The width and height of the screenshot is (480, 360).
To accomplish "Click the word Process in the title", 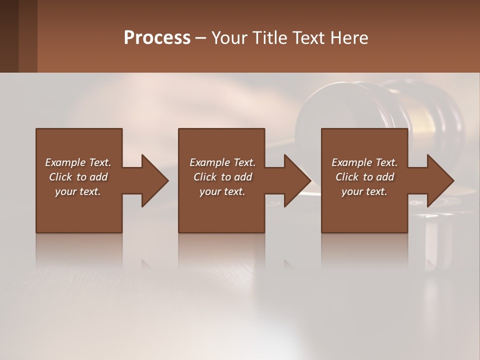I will [157, 38].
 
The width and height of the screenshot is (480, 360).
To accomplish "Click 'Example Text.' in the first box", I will [78, 162].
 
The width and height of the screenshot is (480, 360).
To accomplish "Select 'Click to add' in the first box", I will [78, 177].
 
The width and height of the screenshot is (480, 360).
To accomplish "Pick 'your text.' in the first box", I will [78, 191].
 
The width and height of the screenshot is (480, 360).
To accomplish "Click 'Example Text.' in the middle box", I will [222, 162].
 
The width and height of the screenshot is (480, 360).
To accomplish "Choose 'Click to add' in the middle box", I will [222, 177].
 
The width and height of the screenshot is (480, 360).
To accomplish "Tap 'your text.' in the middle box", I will [222, 191].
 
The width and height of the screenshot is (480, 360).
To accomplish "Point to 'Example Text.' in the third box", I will [364, 162].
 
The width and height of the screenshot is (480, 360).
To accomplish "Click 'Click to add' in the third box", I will [364, 177].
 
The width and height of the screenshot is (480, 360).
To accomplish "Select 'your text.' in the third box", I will [364, 191].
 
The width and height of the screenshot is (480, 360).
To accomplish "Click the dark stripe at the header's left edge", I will [9, 36].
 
